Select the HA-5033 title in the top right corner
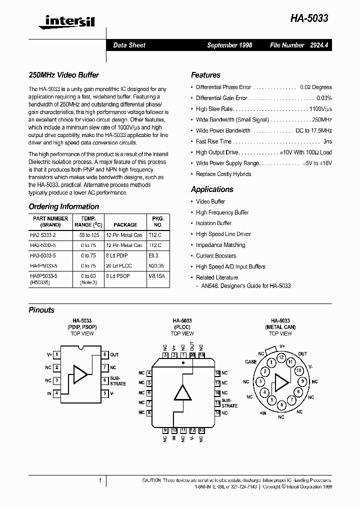(x=309, y=18)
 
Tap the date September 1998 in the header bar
(x=229, y=45)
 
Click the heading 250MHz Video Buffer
(x=63, y=75)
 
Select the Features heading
(x=205, y=75)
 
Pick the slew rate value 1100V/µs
(x=320, y=109)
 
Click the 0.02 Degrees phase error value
(x=315, y=87)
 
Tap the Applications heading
(x=212, y=189)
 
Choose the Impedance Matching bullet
(x=220, y=245)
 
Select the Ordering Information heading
(x=63, y=206)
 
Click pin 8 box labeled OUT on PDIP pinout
(x=104, y=354)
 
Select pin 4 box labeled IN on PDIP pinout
(x=57, y=393)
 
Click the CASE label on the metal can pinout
(x=251, y=361)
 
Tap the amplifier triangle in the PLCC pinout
(x=182, y=393)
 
